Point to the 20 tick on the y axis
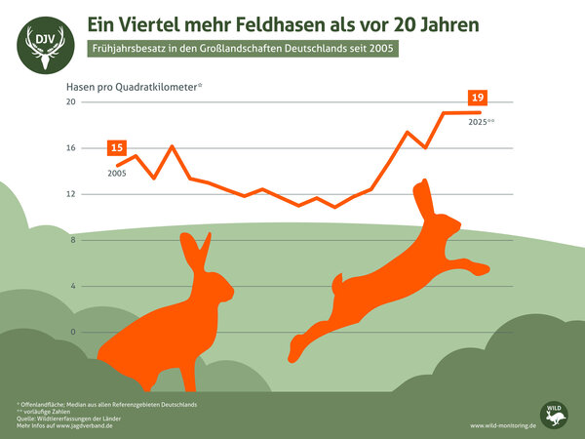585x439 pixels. click(x=70, y=102)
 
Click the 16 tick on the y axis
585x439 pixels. click(x=70, y=148)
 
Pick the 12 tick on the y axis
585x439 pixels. click(x=70, y=194)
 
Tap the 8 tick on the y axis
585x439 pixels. click(x=72, y=240)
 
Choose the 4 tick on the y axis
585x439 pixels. click(x=72, y=286)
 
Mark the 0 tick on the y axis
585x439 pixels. click(x=72, y=332)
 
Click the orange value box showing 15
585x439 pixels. click(x=117, y=148)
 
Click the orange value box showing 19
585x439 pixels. click(x=478, y=98)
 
